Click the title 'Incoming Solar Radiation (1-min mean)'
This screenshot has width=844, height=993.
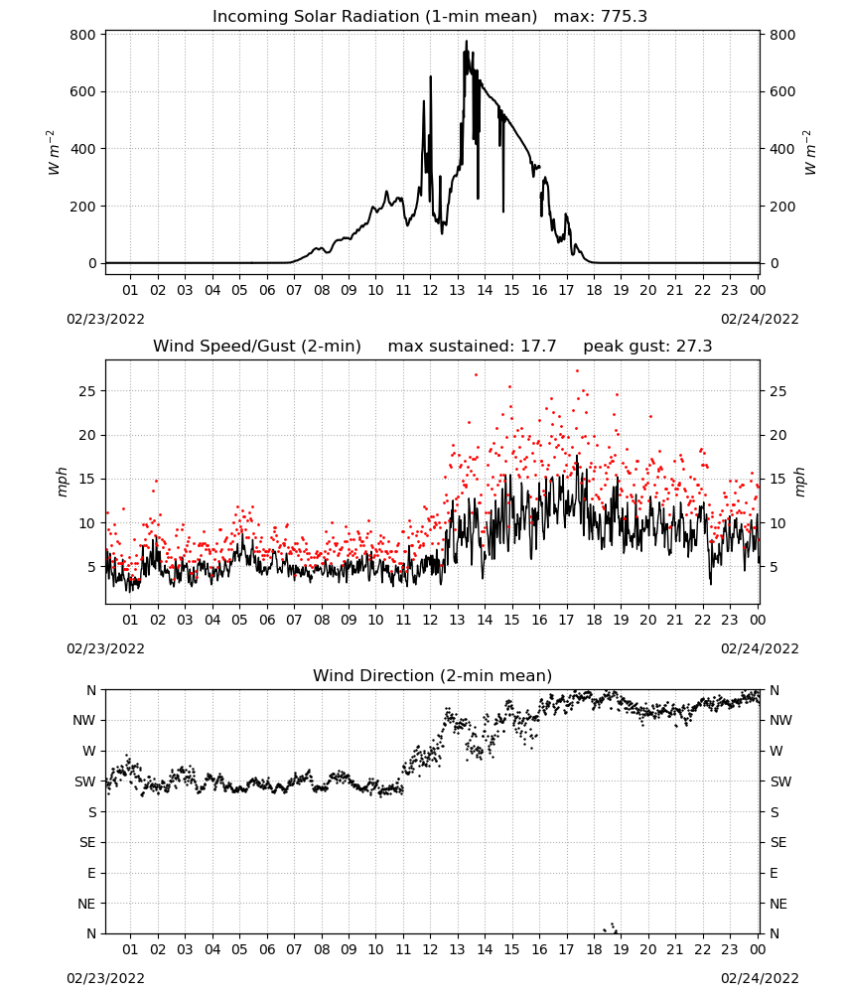click(374, 17)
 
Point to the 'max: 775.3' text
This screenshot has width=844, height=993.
click(601, 17)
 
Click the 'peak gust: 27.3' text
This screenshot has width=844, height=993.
click(647, 347)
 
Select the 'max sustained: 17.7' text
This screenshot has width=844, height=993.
click(472, 347)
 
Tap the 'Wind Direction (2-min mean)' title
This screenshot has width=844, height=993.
click(433, 675)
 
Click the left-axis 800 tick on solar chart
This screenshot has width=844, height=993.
click(83, 35)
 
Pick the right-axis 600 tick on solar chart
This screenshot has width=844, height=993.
click(782, 91)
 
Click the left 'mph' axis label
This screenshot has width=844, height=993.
click(62, 482)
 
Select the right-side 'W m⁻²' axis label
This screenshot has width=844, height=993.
click(810, 153)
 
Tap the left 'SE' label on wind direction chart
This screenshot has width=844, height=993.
click(87, 842)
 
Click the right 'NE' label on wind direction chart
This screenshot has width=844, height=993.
click(778, 904)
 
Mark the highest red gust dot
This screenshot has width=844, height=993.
click(577, 371)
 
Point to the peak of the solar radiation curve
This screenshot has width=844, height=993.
click(467, 41)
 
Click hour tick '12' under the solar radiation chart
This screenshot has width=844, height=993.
click(430, 290)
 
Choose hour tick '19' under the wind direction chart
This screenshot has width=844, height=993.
click(622, 949)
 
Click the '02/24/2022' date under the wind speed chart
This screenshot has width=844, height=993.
click(760, 648)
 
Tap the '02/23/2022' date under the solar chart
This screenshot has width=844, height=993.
click(105, 319)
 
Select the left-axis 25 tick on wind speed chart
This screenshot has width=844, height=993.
click(87, 391)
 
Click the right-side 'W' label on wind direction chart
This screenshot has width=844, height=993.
click(776, 751)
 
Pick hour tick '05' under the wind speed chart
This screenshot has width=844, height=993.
click(239, 620)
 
